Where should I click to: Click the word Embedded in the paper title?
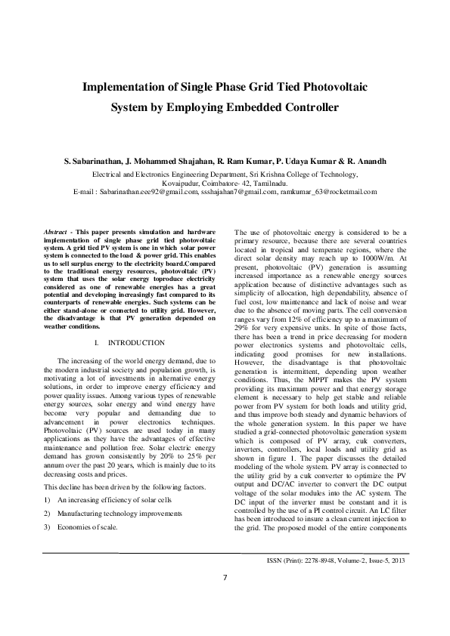tap(260, 107)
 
